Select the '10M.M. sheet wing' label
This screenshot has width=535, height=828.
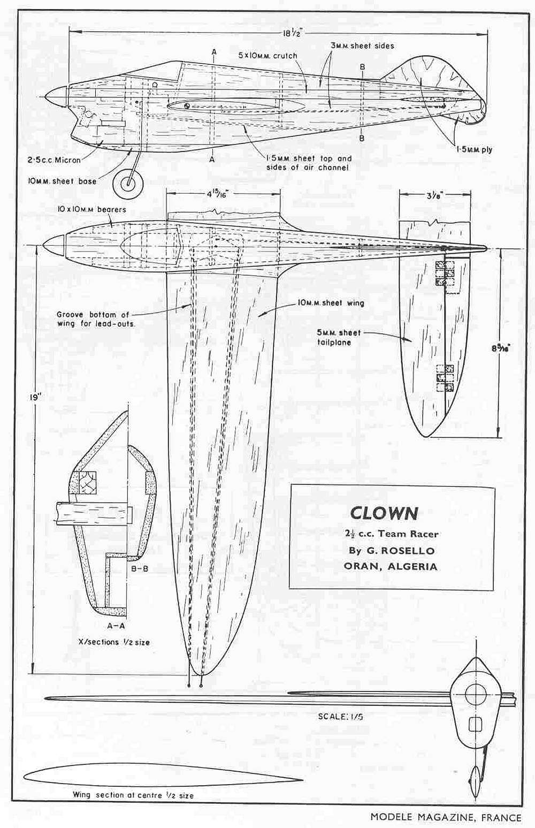pos(331,303)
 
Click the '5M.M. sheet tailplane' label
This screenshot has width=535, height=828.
pos(339,338)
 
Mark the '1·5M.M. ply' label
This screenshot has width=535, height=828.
pos(473,150)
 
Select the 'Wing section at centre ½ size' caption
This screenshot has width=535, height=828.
pos(133,794)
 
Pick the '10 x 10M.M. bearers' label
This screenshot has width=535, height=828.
pos(91,210)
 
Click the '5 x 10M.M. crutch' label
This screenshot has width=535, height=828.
pos(268,56)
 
